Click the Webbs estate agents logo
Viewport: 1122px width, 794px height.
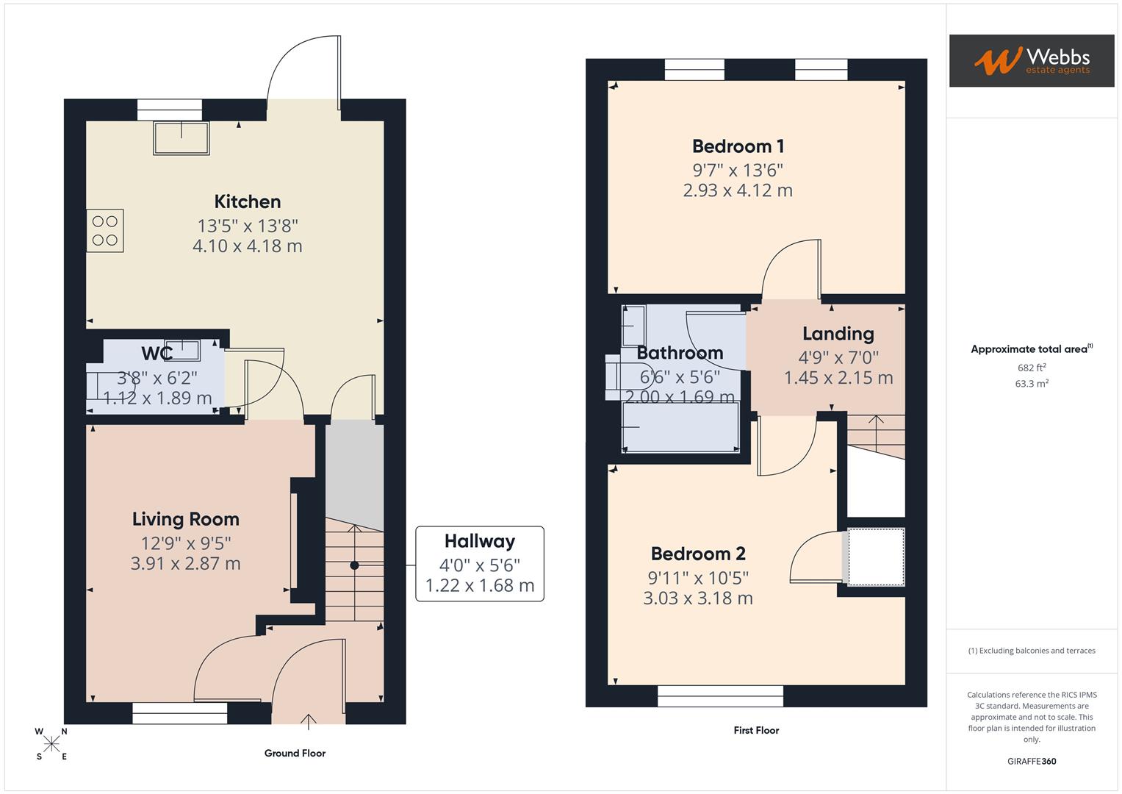point(1031,61)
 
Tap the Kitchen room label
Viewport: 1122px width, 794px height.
point(248,201)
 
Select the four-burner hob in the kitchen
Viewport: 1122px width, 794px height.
point(105,231)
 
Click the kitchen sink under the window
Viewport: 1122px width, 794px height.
point(181,137)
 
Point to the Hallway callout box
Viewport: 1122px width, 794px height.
point(479,564)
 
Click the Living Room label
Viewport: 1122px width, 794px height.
point(186,519)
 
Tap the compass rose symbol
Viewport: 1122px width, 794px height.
point(51,744)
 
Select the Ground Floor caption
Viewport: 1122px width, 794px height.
point(295,753)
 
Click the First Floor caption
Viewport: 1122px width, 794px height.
point(756,730)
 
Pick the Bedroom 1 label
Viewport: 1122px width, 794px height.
point(738,146)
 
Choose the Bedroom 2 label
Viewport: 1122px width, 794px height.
point(698,554)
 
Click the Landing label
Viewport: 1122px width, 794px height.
point(838,334)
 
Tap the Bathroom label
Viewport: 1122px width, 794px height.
point(680,353)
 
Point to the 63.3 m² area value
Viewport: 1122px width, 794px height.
point(1031,383)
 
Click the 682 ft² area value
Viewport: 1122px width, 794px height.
point(1031,368)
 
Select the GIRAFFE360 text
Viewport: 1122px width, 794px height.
point(1031,761)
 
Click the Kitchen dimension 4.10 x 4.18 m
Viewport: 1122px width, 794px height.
point(248,246)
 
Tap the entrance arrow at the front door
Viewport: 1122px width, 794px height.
point(309,720)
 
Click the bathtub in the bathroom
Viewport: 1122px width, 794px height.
point(680,428)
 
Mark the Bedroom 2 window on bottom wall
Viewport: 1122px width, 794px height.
point(720,695)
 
